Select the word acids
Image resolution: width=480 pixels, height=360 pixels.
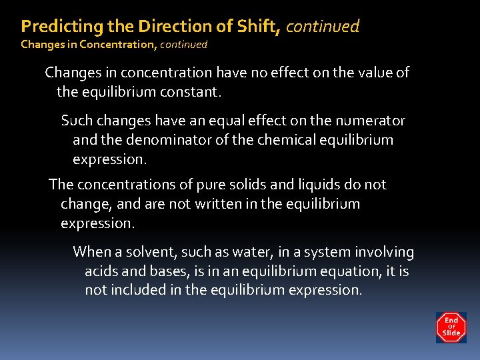click(x=102, y=271)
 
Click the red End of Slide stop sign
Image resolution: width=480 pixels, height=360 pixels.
click(x=451, y=327)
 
